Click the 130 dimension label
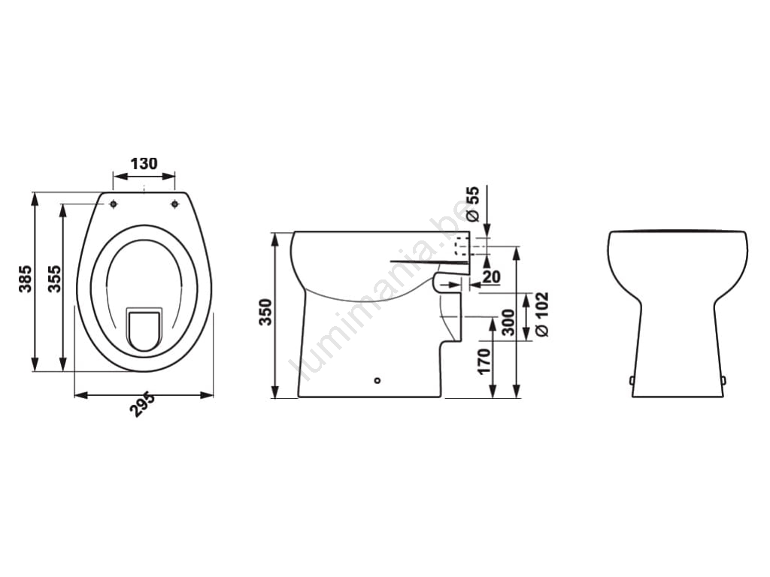[x=144, y=163]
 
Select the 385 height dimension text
[x=25, y=279]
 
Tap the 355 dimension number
[x=54, y=279]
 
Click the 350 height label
[x=265, y=312]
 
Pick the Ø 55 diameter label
[x=472, y=203]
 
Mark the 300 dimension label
[x=509, y=322]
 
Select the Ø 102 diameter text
[x=541, y=315]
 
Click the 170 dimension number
[x=484, y=361]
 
